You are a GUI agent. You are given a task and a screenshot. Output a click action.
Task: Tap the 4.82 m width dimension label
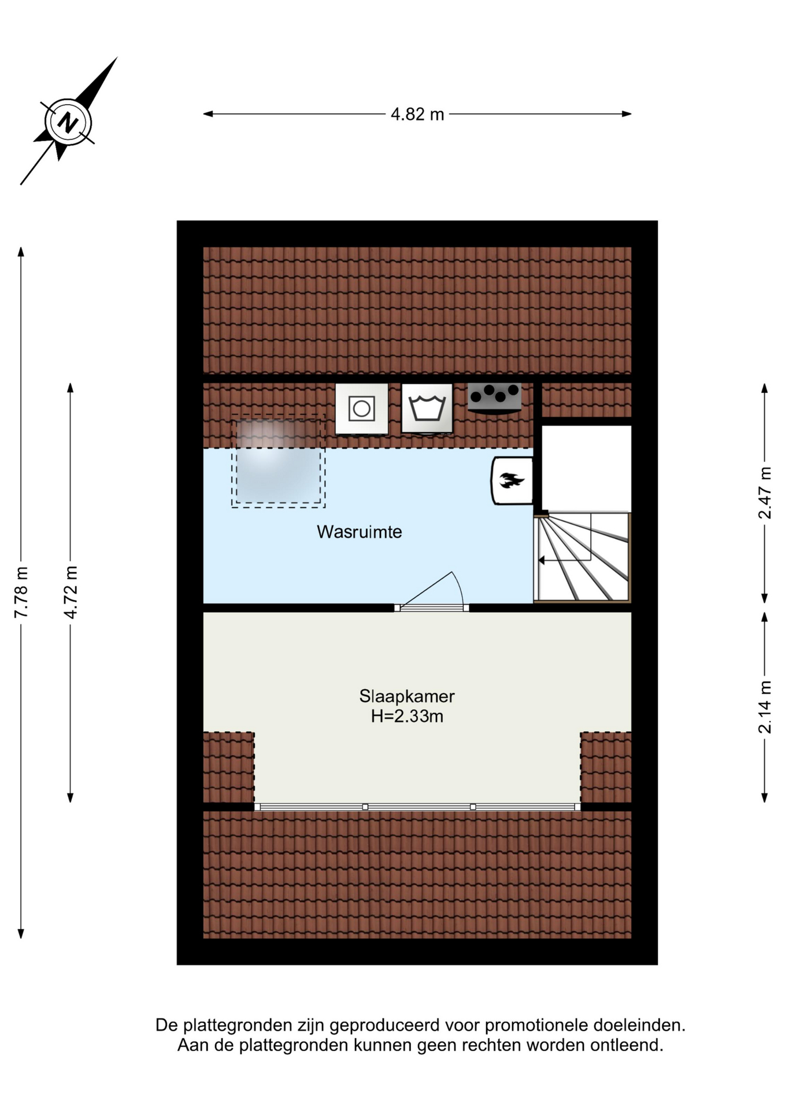coord(417,115)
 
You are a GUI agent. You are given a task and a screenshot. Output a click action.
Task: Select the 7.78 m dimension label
coord(21,592)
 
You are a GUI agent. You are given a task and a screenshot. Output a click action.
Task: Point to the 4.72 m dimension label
coord(71,592)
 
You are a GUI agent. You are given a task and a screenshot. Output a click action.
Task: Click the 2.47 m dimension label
coord(765,492)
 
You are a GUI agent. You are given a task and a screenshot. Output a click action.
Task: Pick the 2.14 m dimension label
coord(765,707)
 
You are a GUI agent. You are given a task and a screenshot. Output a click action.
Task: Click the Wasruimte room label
coord(359,532)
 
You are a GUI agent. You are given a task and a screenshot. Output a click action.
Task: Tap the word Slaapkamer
coord(407,696)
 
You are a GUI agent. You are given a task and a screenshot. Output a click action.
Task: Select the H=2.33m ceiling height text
coord(407,716)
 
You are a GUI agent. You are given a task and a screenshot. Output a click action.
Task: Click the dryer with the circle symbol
coord(362,409)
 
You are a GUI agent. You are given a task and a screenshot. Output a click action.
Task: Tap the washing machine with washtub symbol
coord(427,408)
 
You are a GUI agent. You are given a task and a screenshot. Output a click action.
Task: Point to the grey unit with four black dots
coord(494,398)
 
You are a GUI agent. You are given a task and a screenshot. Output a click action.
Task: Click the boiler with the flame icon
coord(512,481)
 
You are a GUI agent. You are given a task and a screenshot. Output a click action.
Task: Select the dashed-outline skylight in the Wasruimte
coord(279,461)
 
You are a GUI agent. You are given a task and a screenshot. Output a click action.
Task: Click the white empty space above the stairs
coord(586,469)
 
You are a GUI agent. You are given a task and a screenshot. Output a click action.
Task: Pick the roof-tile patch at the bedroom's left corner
coord(229,767)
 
